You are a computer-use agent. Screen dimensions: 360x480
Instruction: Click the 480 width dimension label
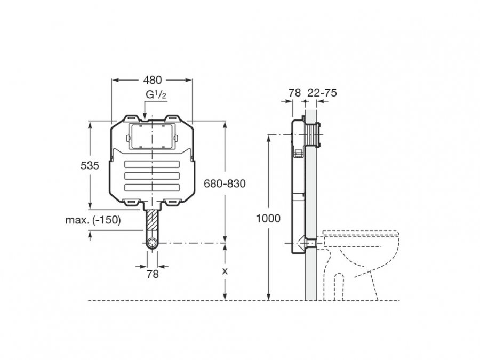(152, 81)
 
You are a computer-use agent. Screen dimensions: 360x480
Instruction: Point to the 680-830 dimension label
(225, 184)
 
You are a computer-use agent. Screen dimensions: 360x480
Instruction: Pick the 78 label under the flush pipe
(153, 274)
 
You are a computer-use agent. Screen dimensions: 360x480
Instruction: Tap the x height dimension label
(225, 271)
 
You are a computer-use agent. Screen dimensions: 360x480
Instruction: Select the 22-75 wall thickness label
(322, 93)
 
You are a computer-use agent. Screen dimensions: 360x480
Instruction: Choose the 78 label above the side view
(294, 93)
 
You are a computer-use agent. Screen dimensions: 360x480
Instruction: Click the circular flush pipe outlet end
(153, 244)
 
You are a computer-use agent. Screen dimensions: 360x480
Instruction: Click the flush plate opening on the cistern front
(153, 137)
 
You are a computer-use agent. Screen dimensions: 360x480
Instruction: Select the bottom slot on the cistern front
(152, 187)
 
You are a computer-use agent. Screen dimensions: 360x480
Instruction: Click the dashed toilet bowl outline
(363, 256)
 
